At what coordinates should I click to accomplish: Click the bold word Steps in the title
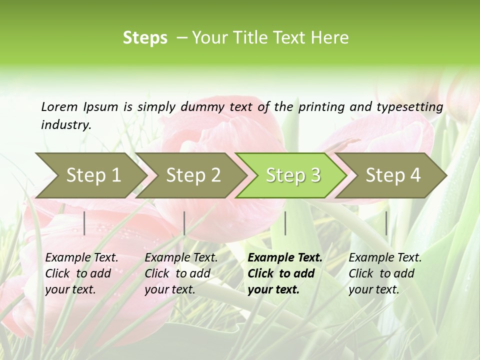(x=145, y=38)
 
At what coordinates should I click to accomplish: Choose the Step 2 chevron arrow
(x=193, y=175)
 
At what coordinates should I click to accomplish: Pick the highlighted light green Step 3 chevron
(x=293, y=175)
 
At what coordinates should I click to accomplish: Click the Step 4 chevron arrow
(x=393, y=175)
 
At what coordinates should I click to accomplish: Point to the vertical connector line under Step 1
(x=84, y=223)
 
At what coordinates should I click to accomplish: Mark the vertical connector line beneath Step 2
(x=184, y=223)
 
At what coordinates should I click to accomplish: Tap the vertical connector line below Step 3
(x=285, y=223)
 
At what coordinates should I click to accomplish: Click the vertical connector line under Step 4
(x=386, y=223)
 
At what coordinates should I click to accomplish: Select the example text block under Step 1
(x=81, y=273)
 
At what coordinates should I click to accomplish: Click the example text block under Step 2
(x=181, y=273)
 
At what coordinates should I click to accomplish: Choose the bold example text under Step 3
(x=285, y=273)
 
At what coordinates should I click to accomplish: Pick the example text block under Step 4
(x=385, y=273)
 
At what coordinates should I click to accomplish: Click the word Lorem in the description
(x=59, y=106)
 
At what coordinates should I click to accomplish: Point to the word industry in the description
(x=65, y=125)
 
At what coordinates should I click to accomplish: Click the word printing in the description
(x=319, y=106)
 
